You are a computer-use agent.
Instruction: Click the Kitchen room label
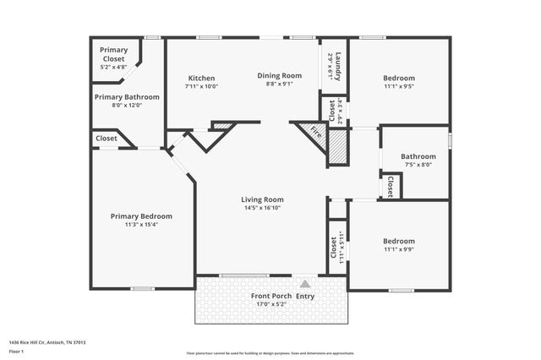[201, 78]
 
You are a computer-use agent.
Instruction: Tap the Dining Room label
[279, 75]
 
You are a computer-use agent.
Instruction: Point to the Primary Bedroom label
[141, 216]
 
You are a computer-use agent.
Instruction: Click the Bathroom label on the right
[418, 156]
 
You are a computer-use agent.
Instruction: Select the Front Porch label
[270, 296]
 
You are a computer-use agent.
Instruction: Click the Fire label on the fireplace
[315, 133]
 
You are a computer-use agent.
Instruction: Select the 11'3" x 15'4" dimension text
[141, 224]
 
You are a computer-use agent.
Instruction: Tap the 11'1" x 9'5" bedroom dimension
[398, 85]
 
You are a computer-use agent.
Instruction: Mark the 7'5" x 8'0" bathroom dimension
[418, 165]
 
